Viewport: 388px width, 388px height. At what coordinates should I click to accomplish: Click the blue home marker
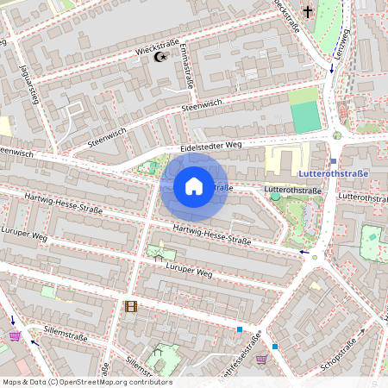pyautogui.click(x=194, y=185)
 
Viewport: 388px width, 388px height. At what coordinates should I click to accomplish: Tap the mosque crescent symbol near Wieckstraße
pyautogui.click(x=159, y=56)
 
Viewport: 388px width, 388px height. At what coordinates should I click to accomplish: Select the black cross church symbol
pyautogui.click(x=308, y=12)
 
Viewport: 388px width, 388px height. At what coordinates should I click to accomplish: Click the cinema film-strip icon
pyautogui.click(x=130, y=305)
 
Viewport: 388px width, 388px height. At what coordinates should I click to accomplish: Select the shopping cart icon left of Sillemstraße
pyautogui.click(x=15, y=335)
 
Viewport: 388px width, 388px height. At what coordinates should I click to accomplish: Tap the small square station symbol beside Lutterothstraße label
pyautogui.click(x=333, y=161)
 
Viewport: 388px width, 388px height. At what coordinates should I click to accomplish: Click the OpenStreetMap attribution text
pyautogui.click(x=86, y=381)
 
